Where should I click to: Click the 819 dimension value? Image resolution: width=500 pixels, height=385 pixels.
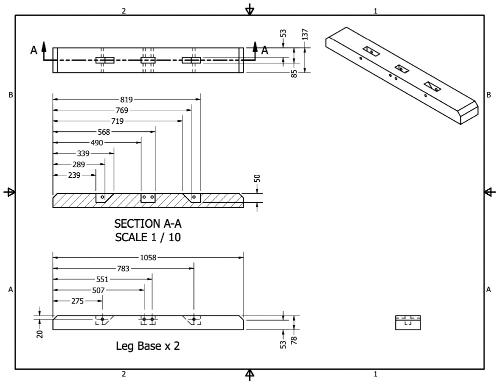[x=127, y=99]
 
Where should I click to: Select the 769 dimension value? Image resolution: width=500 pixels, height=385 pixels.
[x=122, y=110]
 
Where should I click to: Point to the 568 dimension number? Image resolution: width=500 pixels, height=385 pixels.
[x=104, y=132]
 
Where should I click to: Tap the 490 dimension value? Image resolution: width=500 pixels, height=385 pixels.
[x=97, y=143]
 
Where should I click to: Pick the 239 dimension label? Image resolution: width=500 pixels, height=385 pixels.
[x=74, y=175]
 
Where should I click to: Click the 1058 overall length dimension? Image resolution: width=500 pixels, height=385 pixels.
[x=148, y=258]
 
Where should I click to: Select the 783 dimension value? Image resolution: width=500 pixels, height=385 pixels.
[x=123, y=269]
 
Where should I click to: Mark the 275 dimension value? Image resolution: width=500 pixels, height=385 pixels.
[x=77, y=301]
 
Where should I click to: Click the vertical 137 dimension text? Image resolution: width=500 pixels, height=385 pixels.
[x=305, y=34]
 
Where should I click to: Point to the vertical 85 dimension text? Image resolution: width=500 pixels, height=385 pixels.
[x=294, y=73]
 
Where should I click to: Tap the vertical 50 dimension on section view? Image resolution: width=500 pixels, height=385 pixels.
[x=257, y=179]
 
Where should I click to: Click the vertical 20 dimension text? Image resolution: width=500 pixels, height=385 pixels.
[x=40, y=334]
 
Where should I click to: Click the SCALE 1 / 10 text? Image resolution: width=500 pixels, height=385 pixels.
[x=148, y=237]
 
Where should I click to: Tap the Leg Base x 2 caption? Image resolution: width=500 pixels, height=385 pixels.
[x=148, y=346]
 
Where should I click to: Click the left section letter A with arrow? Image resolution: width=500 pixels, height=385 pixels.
[x=34, y=49]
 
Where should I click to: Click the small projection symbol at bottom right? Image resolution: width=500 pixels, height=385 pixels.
[x=408, y=323]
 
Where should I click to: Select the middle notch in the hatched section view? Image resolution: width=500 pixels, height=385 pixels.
[x=148, y=198]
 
